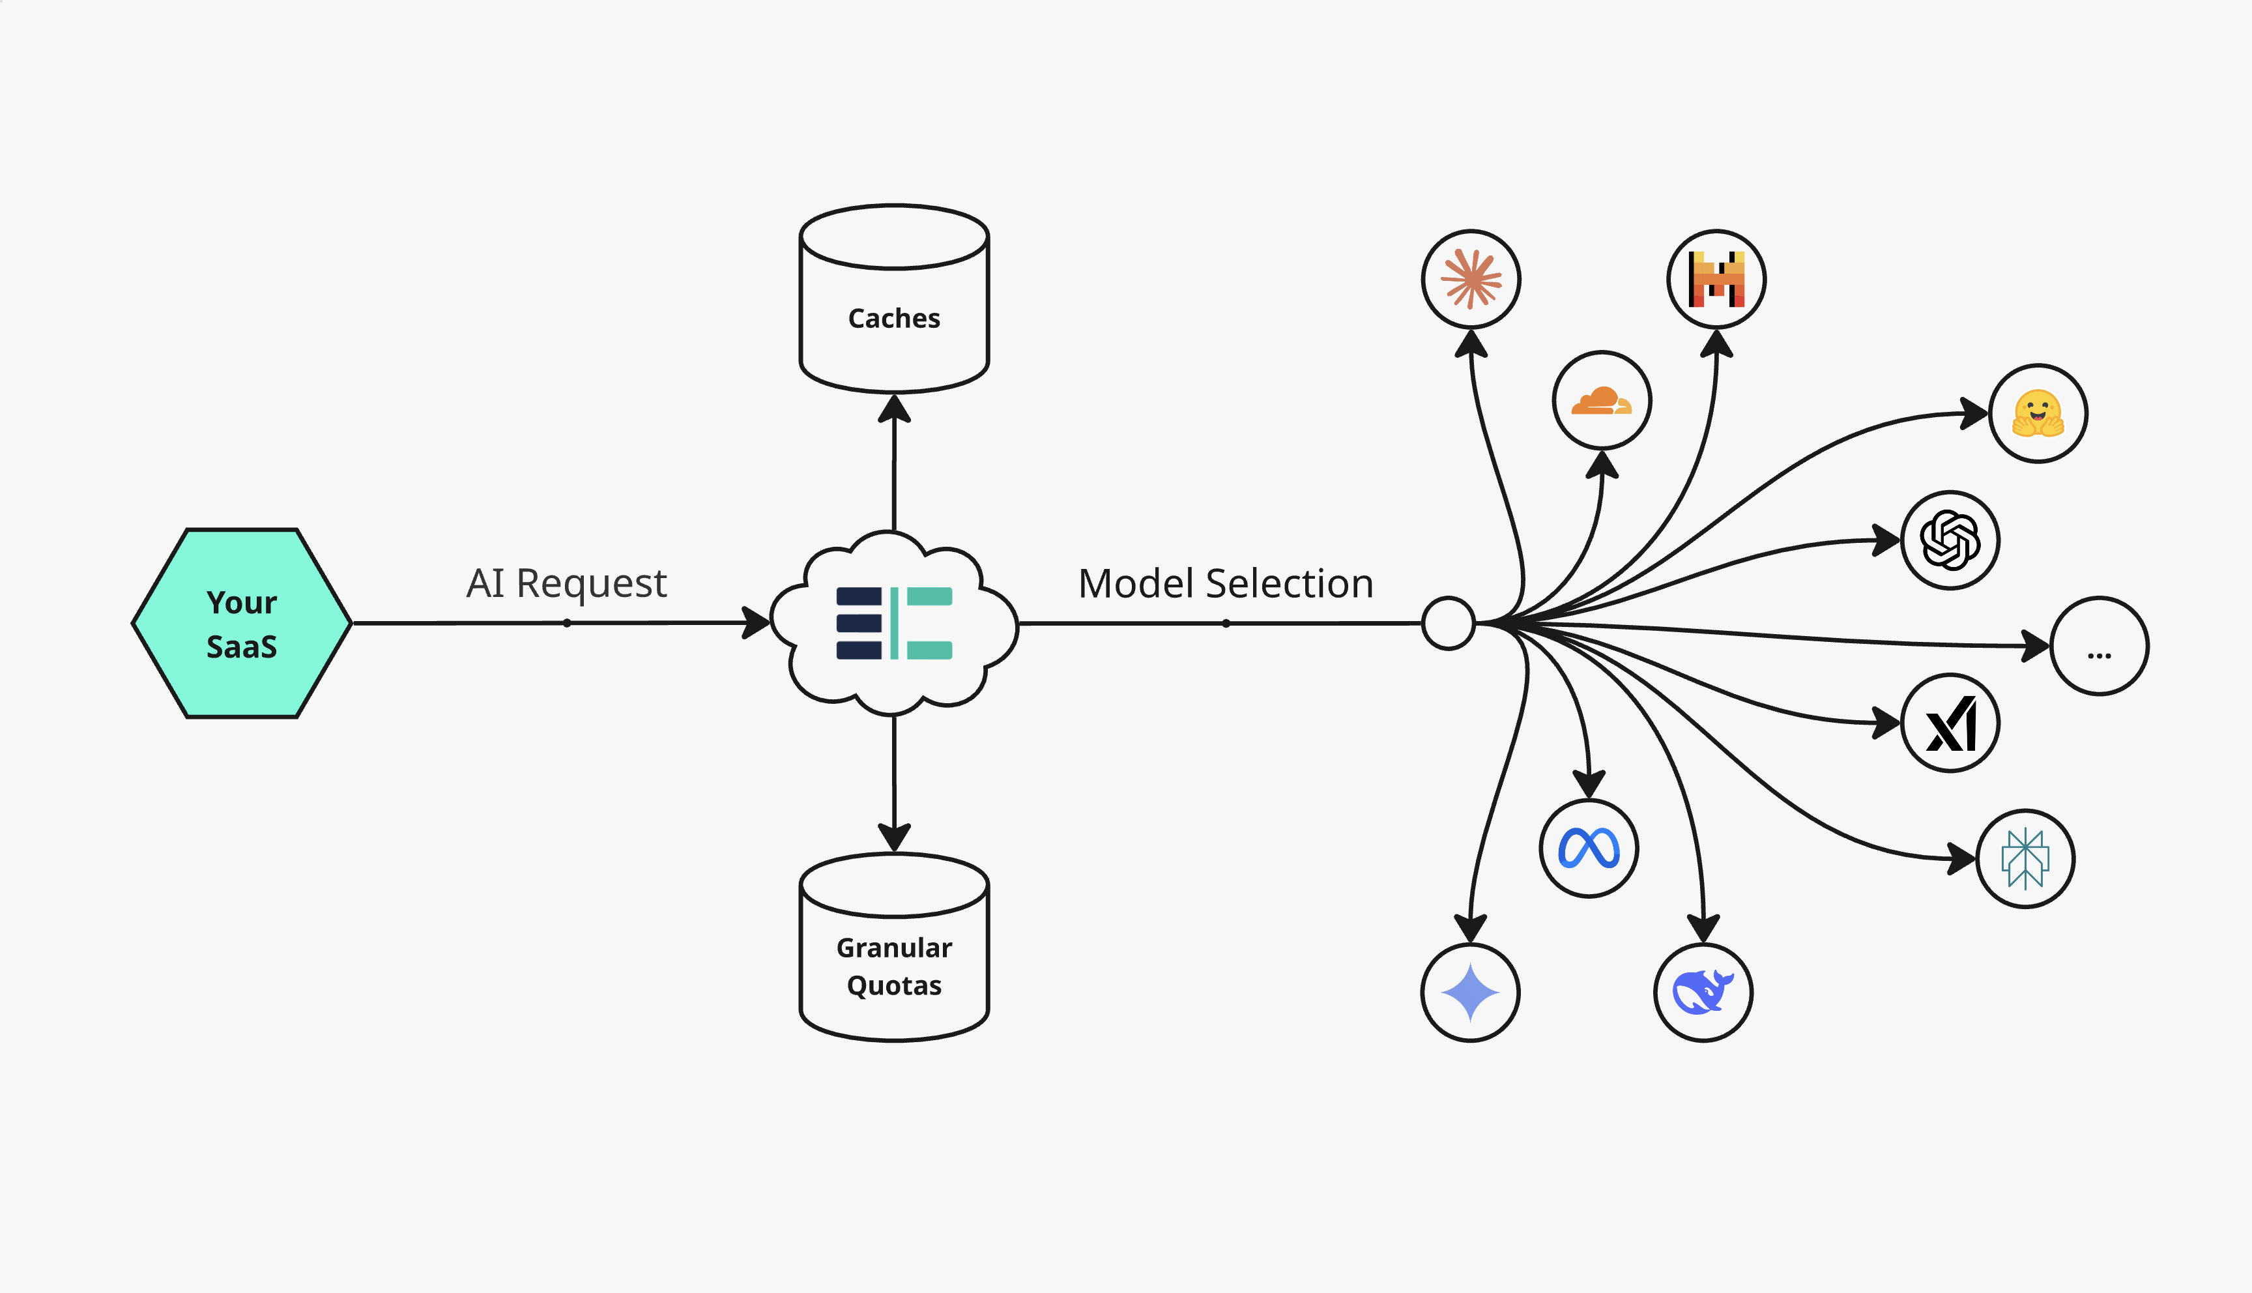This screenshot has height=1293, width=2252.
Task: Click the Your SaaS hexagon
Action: click(x=242, y=624)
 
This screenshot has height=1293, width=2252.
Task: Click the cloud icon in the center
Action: click(x=894, y=624)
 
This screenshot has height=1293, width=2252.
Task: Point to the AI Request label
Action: click(x=566, y=583)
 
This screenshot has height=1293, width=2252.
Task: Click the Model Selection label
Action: click(x=1226, y=583)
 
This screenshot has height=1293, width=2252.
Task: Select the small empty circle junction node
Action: click(x=1448, y=624)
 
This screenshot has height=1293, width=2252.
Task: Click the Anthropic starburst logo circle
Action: click(x=1471, y=279)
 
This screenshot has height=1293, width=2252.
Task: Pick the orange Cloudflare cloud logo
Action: click(x=1601, y=401)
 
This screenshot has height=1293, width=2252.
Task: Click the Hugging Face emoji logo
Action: click(x=2038, y=414)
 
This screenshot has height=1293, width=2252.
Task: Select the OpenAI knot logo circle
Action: click(x=1950, y=540)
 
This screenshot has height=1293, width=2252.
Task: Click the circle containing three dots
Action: click(x=2100, y=646)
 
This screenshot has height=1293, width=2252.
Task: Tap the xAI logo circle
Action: click(x=1950, y=723)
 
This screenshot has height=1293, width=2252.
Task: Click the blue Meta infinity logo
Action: click(x=1588, y=848)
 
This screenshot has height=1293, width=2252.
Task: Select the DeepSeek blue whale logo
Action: click(x=1703, y=992)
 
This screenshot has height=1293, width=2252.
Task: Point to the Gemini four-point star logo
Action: click(x=1470, y=992)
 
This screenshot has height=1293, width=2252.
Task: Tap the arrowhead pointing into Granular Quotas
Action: click(x=894, y=837)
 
